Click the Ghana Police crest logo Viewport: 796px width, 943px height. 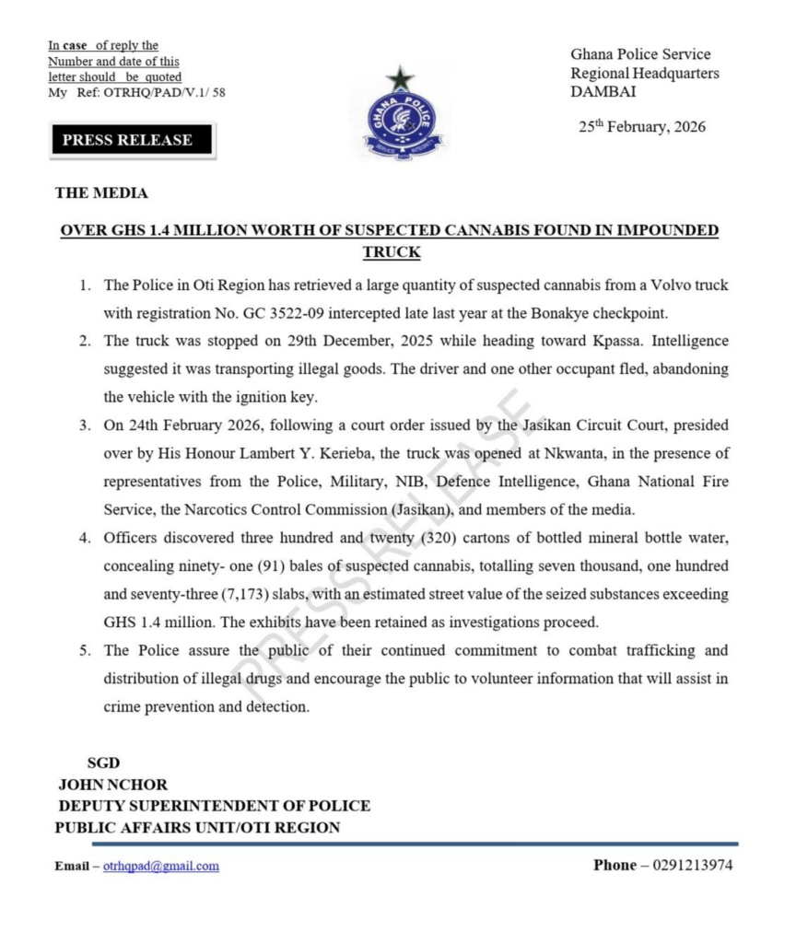coord(402,115)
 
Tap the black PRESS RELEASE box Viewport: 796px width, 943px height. coord(128,140)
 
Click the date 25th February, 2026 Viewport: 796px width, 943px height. coord(642,127)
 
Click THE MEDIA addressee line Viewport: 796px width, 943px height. coord(101,193)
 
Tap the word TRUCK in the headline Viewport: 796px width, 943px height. coord(391,251)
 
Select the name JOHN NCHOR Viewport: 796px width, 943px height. coord(113,785)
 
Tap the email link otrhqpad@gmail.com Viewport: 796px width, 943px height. coord(161,867)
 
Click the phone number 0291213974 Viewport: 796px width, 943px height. coord(693,866)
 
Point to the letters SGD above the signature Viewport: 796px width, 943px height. coord(103,763)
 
